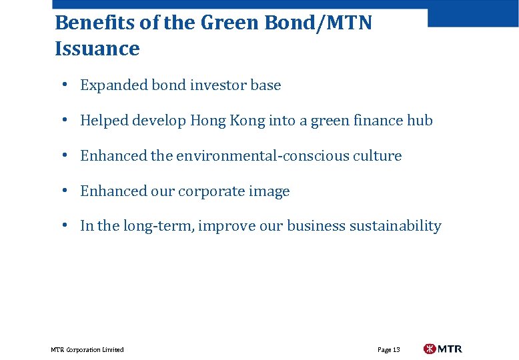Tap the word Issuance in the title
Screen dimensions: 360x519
click(x=97, y=49)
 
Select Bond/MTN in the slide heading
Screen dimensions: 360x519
click(x=319, y=23)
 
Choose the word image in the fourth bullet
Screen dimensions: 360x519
click(x=271, y=191)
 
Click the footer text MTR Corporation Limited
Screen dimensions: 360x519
click(x=87, y=350)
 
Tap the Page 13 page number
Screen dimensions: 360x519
click(x=389, y=350)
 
